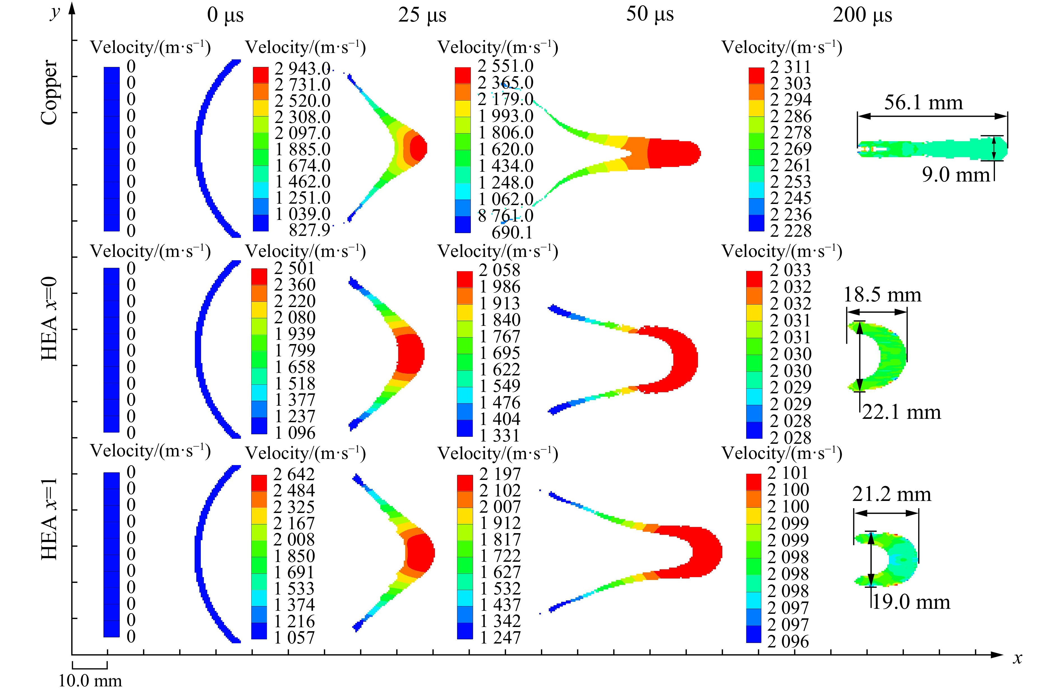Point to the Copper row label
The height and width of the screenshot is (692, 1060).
49,92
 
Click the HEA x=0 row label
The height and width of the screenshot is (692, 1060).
49,318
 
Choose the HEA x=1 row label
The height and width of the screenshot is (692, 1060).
49,519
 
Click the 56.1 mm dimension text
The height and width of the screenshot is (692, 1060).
923,102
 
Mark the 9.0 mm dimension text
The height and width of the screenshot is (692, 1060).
956,175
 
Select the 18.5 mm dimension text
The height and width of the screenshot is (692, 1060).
882,295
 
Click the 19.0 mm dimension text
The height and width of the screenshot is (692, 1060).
910,602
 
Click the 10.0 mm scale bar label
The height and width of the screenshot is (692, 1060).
90,681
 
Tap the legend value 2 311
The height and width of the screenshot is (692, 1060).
791,67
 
